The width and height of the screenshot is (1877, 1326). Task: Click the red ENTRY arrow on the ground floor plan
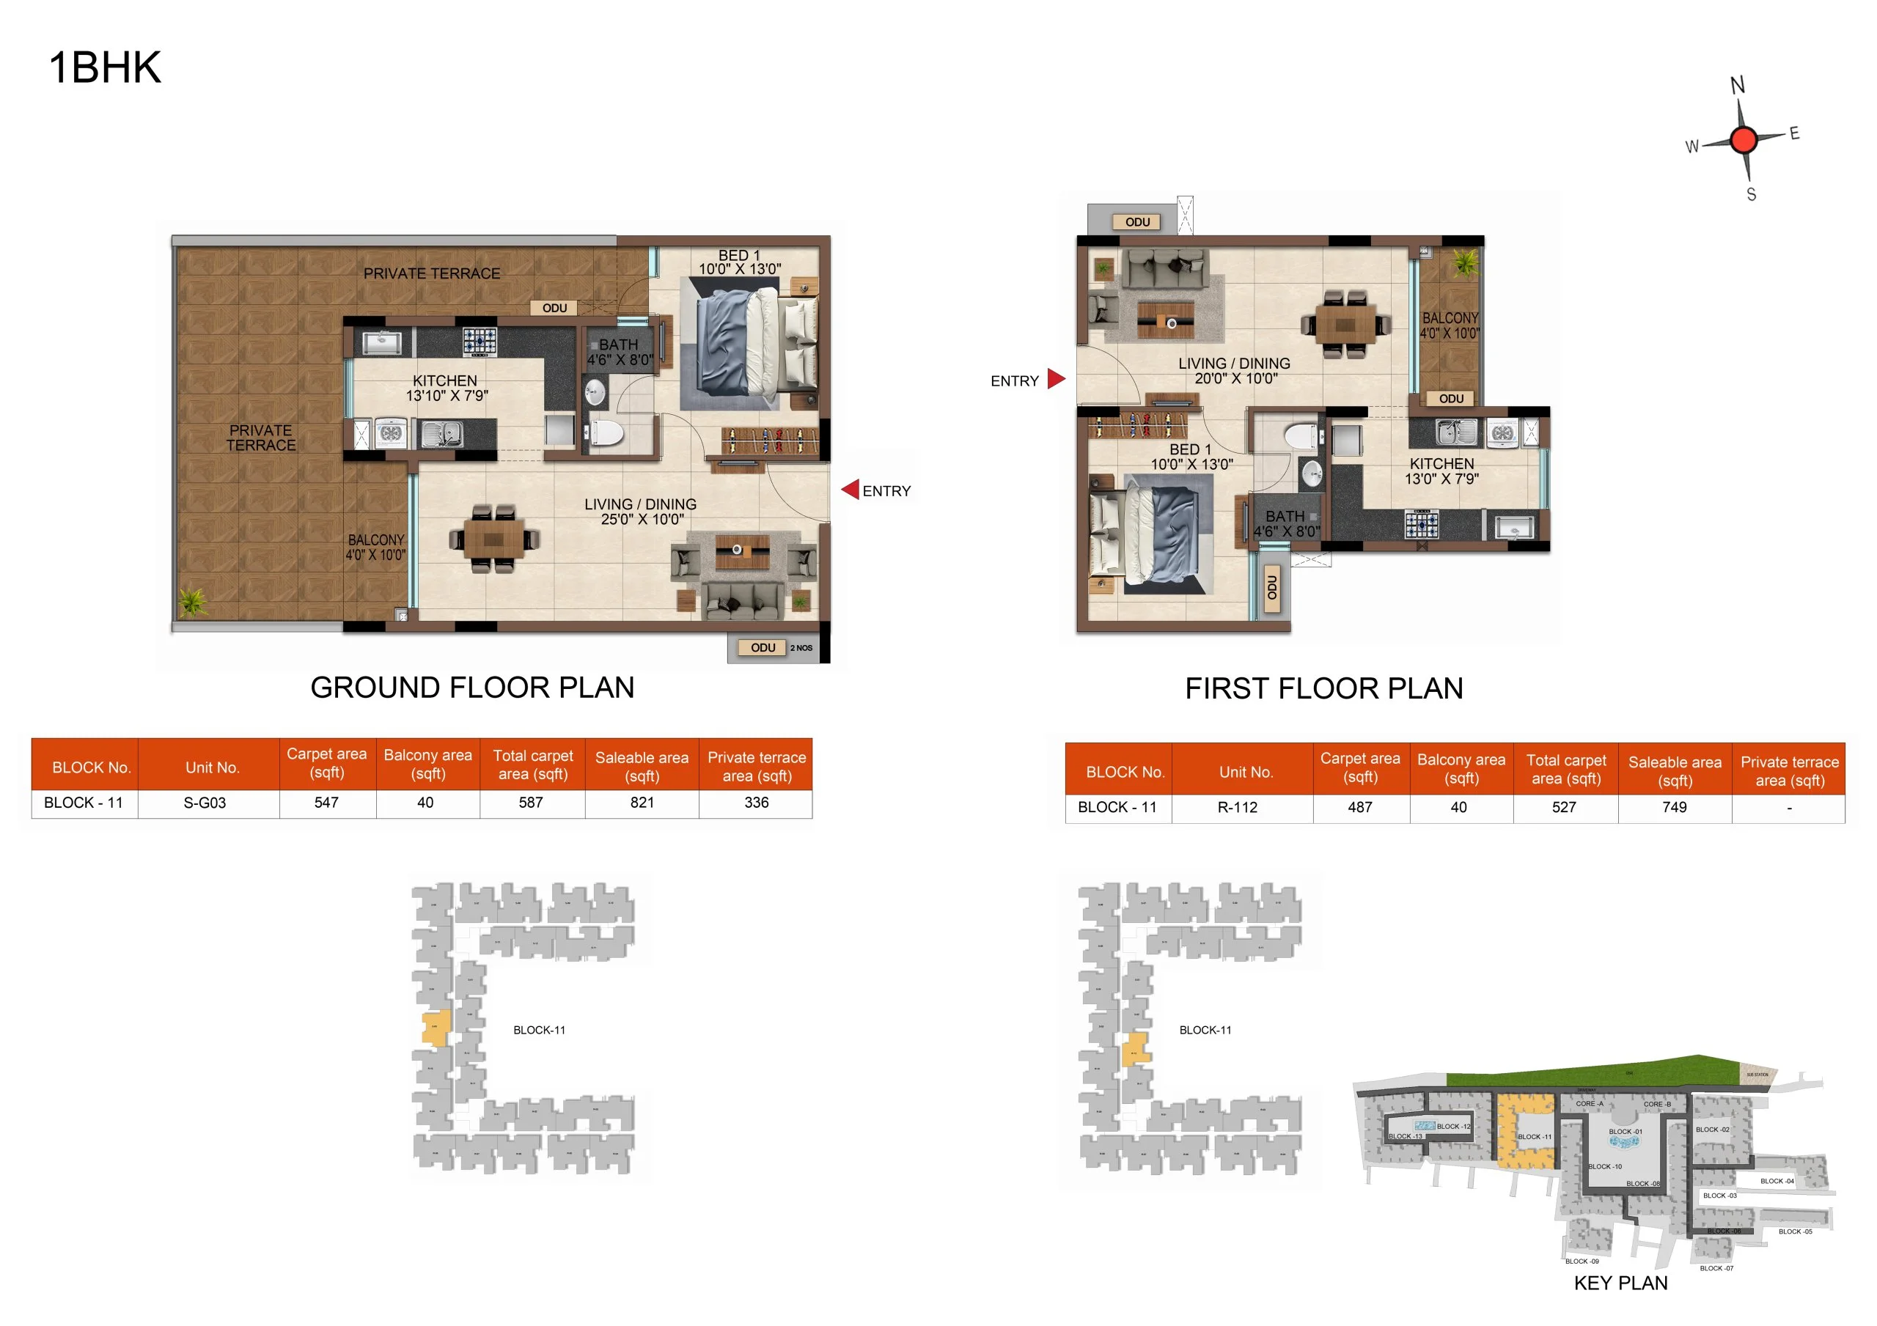(x=851, y=490)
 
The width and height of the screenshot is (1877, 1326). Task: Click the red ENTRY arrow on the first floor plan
(x=1057, y=378)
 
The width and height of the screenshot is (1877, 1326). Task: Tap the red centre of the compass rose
(x=1743, y=140)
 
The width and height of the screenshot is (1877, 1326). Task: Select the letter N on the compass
(x=1737, y=85)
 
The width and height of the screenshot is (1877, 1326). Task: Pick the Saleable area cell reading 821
(x=642, y=803)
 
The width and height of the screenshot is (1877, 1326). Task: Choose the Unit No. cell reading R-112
(x=1237, y=808)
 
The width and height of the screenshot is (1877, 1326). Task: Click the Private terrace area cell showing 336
(x=756, y=803)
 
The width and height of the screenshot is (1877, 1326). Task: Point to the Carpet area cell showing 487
(x=1359, y=808)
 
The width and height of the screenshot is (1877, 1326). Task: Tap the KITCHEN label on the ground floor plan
(x=445, y=381)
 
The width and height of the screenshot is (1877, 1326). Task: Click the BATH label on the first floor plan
(x=1285, y=517)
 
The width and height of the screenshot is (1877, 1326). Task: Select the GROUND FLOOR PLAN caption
(x=472, y=688)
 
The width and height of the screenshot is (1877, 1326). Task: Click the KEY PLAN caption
(x=1620, y=1283)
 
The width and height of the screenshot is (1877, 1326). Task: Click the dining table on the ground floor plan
(x=493, y=539)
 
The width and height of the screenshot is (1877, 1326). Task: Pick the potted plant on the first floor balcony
(x=1464, y=263)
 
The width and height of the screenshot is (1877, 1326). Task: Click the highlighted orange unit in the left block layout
(x=436, y=1028)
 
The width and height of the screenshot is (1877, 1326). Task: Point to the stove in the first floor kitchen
(x=1422, y=524)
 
